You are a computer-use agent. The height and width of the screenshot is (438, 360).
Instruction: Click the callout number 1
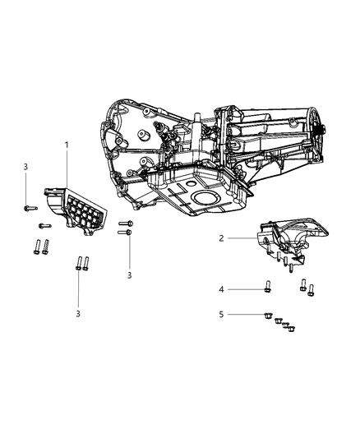(67, 145)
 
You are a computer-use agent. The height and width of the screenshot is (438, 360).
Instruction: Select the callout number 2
(221, 237)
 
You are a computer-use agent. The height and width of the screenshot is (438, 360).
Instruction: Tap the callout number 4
(221, 288)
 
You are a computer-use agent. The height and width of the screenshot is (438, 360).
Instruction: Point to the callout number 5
(221, 314)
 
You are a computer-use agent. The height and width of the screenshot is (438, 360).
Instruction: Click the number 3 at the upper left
(25, 167)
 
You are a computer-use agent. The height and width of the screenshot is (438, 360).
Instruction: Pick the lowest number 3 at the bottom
(78, 313)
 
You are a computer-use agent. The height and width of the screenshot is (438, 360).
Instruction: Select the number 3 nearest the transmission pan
(129, 274)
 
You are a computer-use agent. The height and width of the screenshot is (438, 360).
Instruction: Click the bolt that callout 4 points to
(269, 288)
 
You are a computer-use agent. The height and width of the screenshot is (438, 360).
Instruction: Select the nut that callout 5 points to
(269, 314)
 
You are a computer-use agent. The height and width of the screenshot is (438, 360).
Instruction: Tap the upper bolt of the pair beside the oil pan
(125, 223)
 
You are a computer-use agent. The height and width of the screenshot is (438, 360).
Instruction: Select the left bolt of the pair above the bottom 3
(78, 264)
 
